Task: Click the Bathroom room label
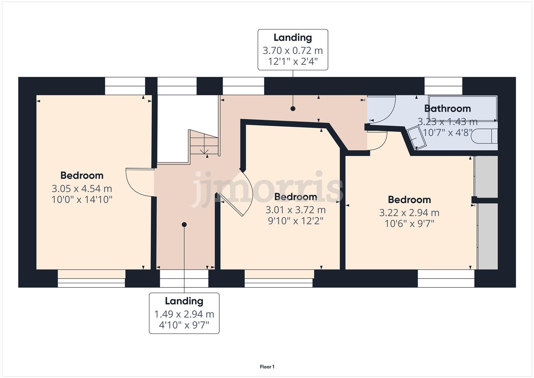447,108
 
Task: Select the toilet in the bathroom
484,136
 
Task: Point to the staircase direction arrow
204,151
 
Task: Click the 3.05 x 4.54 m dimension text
82,189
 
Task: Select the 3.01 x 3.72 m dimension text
296,210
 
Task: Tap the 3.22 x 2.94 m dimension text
409,213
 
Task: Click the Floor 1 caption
267,367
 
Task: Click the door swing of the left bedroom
138,182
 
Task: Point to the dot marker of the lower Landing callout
184,224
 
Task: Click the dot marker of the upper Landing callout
293,108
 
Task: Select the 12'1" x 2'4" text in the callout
293,62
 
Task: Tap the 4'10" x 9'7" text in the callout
184,325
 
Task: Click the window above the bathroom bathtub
443,86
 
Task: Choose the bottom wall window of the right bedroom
446,278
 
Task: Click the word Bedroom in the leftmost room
82,175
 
